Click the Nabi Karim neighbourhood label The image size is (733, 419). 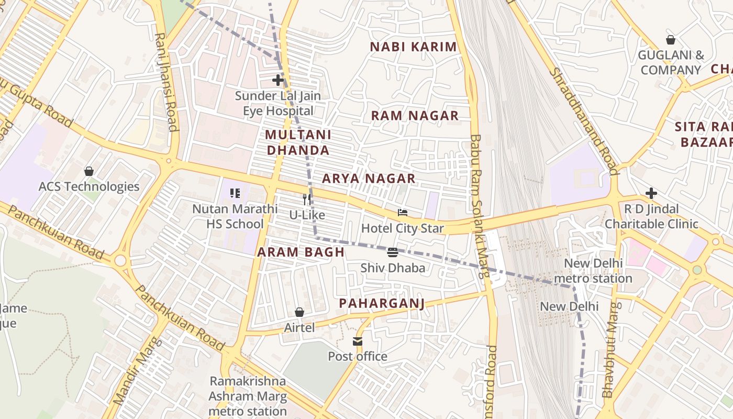(x=413, y=47)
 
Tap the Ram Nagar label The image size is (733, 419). (x=415, y=116)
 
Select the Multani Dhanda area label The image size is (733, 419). (x=298, y=142)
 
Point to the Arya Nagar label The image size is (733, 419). (x=369, y=179)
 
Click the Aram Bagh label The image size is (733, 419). (x=301, y=252)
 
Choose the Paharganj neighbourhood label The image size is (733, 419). (x=381, y=303)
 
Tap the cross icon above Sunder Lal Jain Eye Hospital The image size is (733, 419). (x=278, y=80)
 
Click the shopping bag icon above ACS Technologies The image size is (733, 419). (x=89, y=171)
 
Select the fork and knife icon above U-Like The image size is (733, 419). (x=307, y=199)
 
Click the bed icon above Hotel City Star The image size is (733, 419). (x=402, y=213)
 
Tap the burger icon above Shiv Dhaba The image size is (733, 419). (x=393, y=252)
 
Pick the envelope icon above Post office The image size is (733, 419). (x=358, y=341)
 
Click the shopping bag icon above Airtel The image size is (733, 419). (x=299, y=312)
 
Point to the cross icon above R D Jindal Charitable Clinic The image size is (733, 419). (x=651, y=193)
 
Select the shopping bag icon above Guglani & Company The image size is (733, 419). (x=671, y=40)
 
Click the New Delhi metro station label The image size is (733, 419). (x=593, y=270)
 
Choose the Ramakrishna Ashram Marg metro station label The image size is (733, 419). (x=248, y=396)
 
